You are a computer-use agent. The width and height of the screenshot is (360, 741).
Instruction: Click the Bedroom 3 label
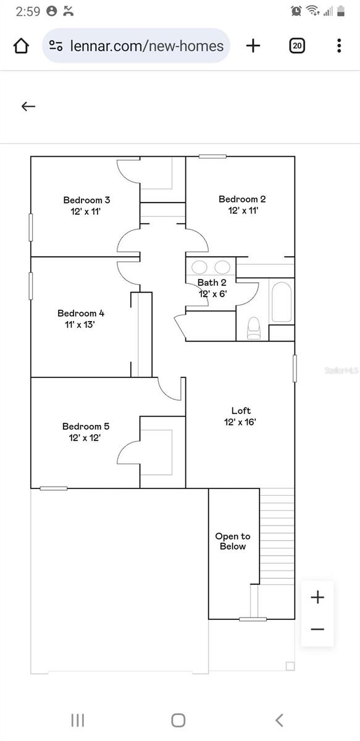(86, 200)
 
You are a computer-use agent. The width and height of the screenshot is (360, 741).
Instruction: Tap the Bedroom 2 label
(242, 199)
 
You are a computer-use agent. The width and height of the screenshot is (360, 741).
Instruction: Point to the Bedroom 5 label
(86, 426)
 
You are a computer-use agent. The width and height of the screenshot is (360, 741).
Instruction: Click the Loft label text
(241, 411)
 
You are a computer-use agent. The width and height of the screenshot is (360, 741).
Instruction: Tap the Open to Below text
(233, 542)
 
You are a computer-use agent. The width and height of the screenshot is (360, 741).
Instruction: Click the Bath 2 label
(212, 283)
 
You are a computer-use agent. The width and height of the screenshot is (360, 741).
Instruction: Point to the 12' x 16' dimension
(240, 422)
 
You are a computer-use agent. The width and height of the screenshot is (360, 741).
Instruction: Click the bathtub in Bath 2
(282, 302)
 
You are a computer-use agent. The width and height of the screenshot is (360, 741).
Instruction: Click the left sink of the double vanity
(199, 267)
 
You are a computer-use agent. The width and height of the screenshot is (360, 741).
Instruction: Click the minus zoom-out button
(317, 629)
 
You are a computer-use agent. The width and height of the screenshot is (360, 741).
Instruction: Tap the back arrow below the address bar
(28, 106)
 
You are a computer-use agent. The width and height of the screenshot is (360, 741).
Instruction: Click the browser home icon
(21, 46)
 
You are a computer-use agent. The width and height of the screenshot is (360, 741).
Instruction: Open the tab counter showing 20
(297, 46)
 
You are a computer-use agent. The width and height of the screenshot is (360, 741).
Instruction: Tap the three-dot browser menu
(339, 46)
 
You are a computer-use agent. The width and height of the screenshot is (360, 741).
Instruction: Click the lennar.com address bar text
(147, 46)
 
